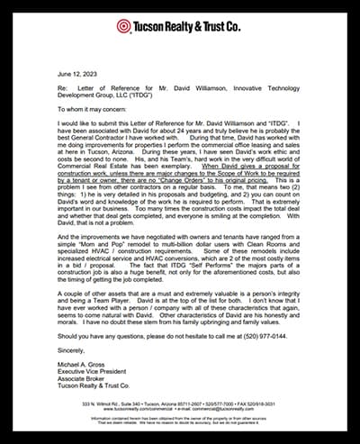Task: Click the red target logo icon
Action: (x=123, y=26)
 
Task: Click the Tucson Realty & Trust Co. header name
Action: (x=187, y=26)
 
